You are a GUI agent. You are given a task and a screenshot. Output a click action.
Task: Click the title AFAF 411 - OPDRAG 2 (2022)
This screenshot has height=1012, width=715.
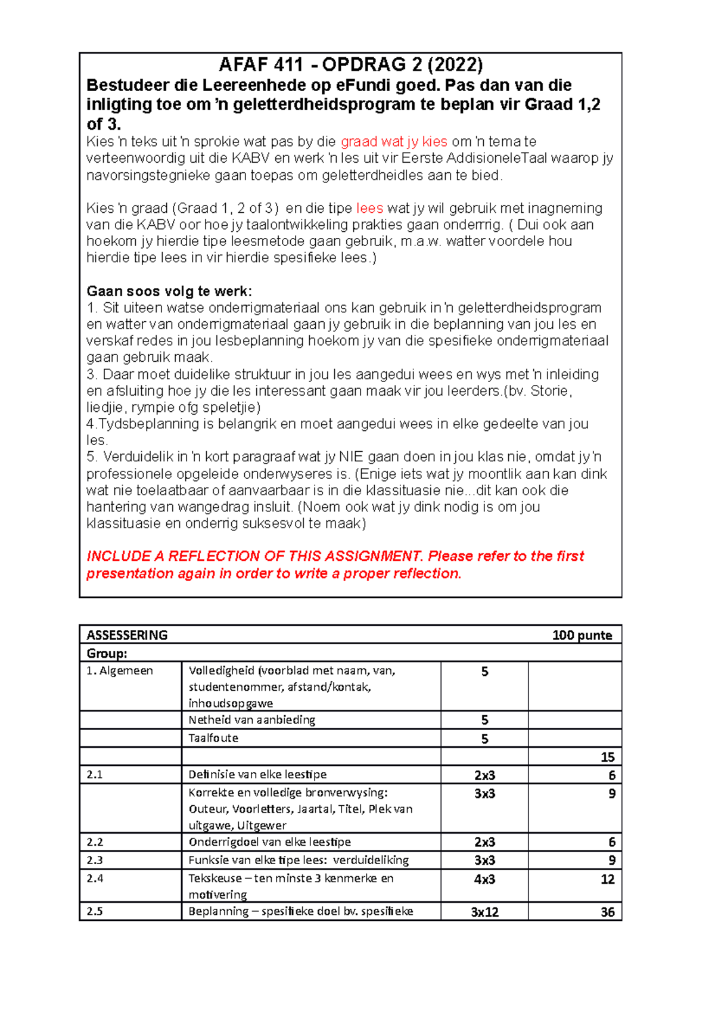pyautogui.click(x=350, y=64)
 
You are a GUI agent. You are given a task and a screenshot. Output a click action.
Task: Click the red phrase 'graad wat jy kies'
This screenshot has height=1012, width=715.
pyautogui.click(x=394, y=142)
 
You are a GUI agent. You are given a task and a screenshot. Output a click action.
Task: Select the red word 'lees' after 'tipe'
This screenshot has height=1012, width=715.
pyautogui.click(x=369, y=209)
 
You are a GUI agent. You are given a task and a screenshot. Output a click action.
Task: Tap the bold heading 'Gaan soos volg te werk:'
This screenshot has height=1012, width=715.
pyautogui.click(x=169, y=291)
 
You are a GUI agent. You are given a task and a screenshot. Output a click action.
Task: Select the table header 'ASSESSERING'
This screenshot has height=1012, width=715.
pyautogui.click(x=127, y=635)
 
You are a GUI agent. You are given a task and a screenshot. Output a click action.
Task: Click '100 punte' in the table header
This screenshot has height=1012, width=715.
pyautogui.click(x=582, y=635)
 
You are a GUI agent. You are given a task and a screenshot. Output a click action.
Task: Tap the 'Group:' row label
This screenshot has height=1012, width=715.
pyautogui.click(x=107, y=653)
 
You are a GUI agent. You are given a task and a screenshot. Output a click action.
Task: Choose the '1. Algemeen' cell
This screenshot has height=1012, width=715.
pyautogui.click(x=120, y=671)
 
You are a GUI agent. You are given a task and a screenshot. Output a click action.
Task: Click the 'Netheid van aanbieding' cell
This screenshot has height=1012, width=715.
pyautogui.click(x=251, y=720)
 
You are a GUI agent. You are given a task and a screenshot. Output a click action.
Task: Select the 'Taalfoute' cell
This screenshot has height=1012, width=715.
pyautogui.click(x=213, y=738)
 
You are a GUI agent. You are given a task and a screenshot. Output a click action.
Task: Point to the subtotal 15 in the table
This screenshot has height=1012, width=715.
pyautogui.click(x=607, y=758)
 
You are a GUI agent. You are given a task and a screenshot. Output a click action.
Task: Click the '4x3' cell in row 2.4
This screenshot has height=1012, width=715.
pyautogui.click(x=484, y=880)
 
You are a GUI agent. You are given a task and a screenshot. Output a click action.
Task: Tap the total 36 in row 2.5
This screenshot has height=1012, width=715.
pyautogui.click(x=607, y=912)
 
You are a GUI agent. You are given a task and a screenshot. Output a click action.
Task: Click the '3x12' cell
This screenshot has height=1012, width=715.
pyautogui.click(x=484, y=912)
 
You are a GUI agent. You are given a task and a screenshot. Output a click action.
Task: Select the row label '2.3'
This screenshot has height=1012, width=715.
pyautogui.click(x=95, y=860)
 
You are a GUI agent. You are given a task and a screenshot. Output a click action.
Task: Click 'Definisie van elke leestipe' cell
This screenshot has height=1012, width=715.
pyautogui.click(x=257, y=775)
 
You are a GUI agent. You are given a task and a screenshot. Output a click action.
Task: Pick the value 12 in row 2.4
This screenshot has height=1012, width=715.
pyautogui.click(x=607, y=880)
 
